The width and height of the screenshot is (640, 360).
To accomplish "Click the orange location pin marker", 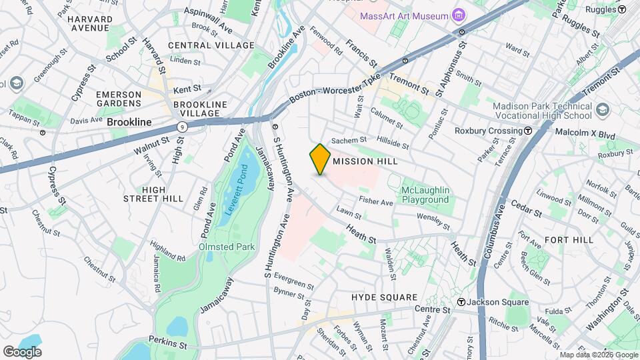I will pyautogui.click(x=320, y=159).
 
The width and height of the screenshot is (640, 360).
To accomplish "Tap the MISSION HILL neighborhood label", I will pyautogui.click(x=365, y=161).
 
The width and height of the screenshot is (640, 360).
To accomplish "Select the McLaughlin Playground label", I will pyautogui.click(x=425, y=195).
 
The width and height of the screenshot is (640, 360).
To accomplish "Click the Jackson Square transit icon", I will pyautogui.click(x=461, y=302).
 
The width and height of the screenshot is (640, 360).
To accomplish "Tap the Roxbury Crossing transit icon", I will pyautogui.click(x=528, y=131).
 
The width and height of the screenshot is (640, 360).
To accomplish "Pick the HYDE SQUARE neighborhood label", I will pyautogui.click(x=385, y=297).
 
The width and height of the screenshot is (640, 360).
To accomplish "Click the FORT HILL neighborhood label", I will pyautogui.click(x=569, y=239).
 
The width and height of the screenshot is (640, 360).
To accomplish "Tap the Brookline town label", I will pyautogui.click(x=129, y=123).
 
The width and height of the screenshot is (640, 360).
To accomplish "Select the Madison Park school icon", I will pyautogui.click(x=603, y=109).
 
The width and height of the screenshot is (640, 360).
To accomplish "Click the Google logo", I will pyautogui.click(x=22, y=351).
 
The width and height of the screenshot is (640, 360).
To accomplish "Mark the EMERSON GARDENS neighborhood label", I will pyautogui.click(x=119, y=99).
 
